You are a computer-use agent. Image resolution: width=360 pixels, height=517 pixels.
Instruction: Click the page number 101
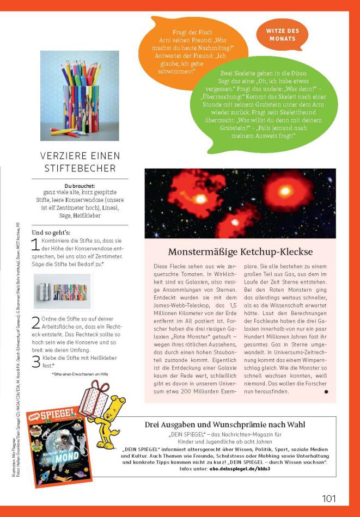328,498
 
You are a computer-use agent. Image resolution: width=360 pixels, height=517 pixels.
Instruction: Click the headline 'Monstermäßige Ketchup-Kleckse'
240,252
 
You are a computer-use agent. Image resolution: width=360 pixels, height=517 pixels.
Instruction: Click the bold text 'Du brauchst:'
80,186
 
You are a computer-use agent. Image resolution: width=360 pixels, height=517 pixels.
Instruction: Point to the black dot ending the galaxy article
326,391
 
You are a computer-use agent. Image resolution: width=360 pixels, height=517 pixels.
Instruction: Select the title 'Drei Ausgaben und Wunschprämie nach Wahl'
224,424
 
